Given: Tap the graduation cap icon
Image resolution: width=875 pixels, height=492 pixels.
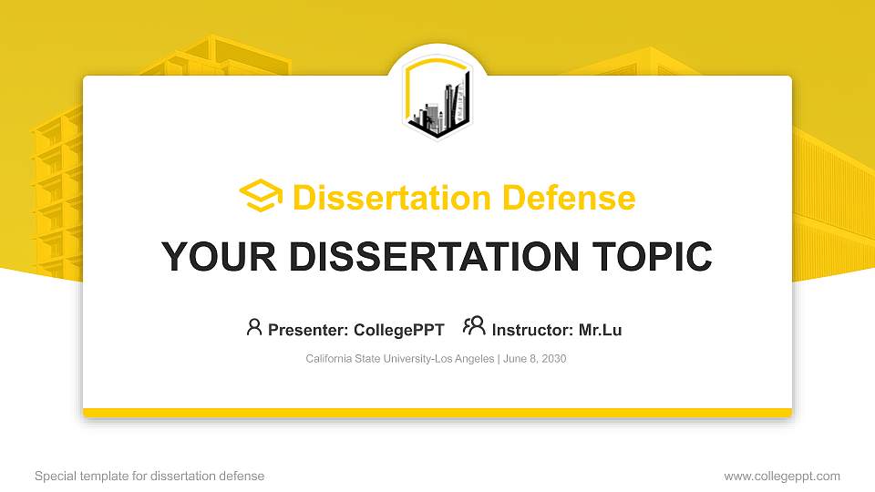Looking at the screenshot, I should coord(261,196).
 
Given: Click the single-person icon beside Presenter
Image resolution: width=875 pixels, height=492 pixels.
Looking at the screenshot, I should coord(254,327).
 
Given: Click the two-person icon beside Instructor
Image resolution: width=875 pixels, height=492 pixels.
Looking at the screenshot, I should coord(474,327).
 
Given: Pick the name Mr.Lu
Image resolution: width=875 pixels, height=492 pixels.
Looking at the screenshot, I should coord(600,330).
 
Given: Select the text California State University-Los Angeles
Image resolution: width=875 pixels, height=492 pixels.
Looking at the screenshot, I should coord(400,359).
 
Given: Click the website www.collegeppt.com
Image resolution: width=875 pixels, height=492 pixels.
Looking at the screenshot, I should coord(782,476).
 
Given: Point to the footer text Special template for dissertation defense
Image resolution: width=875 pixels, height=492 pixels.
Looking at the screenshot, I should coord(149,476).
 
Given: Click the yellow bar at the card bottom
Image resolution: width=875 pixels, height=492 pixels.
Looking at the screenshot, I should coord(437,413).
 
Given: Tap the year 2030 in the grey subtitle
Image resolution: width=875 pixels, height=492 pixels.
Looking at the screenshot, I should coord(553,359).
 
